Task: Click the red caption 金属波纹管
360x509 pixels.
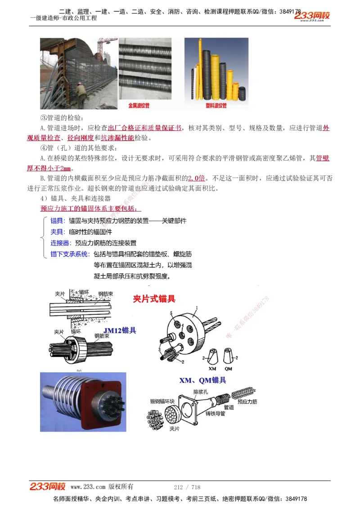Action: click(x=139, y=106)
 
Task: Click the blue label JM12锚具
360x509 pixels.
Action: click(x=119, y=330)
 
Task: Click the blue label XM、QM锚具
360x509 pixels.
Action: click(x=202, y=380)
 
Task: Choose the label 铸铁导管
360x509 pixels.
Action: click(x=215, y=413)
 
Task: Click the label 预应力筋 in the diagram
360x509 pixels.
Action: click(x=247, y=401)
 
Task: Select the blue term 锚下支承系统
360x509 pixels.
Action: click(x=70, y=254)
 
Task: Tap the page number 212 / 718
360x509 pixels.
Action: click(x=187, y=487)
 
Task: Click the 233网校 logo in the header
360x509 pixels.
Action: click(x=312, y=16)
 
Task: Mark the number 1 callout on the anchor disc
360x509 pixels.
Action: click(x=197, y=308)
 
